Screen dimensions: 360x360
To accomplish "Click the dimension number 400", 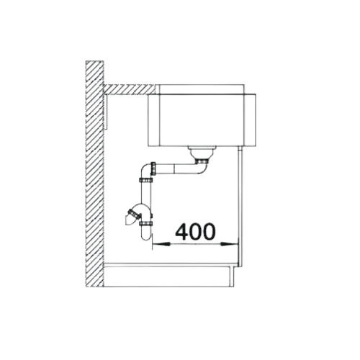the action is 196,232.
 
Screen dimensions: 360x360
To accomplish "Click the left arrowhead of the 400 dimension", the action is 161,244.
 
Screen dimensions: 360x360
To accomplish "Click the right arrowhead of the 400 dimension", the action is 230,244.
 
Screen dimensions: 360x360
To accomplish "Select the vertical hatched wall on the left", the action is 94,174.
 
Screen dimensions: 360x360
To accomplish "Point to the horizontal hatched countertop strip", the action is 129,89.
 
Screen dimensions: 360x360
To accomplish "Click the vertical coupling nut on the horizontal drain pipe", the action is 153,168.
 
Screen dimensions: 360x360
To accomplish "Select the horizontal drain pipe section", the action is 177,168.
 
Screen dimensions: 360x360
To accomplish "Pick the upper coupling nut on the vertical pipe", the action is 146,180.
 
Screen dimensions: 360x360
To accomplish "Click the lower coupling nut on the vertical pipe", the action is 146,224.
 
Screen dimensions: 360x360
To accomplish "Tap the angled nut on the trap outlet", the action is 135,214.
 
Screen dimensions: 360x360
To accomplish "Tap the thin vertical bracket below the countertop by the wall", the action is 105,113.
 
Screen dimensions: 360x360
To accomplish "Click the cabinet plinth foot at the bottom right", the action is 232,276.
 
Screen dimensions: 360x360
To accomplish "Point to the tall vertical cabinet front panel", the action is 240,207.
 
